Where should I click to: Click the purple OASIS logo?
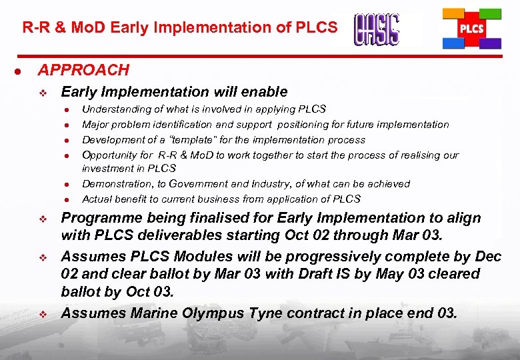(x=377, y=29)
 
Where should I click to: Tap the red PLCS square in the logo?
(x=471, y=29)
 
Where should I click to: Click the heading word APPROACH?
(x=83, y=70)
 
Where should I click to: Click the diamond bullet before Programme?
(x=43, y=219)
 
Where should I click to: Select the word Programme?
(x=99, y=218)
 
